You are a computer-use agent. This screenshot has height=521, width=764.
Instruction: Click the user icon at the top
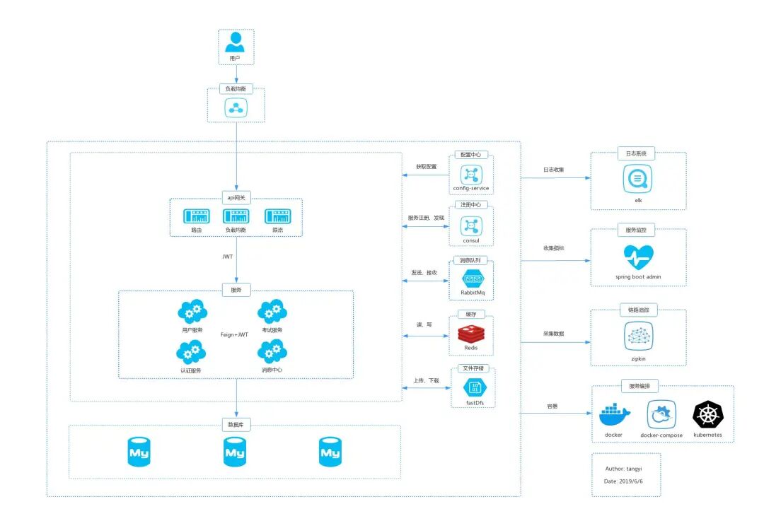point(236,42)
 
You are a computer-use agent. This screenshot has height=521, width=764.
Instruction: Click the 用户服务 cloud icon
point(192,312)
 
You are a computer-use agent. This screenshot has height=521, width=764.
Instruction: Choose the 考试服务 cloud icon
point(272,312)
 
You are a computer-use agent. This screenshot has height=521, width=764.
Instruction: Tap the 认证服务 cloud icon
point(192,351)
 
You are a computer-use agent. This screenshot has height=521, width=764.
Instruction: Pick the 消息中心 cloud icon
point(272,351)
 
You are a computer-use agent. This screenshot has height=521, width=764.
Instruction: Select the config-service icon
point(471,174)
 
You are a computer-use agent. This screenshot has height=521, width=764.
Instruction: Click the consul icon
point(471,226)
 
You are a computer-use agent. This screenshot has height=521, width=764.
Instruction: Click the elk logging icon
point(637,179)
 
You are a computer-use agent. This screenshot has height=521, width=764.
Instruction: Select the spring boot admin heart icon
point(637,256)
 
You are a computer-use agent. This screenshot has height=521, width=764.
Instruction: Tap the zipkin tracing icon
point(638,336)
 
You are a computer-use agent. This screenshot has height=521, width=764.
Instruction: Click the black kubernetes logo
point(707,414)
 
